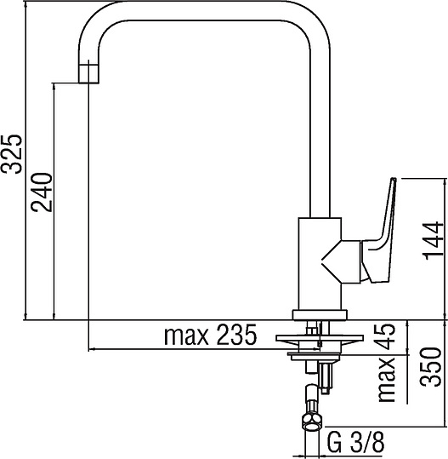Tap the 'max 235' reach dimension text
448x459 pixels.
[x=209, y=336]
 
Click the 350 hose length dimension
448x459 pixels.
[x=434, y=367]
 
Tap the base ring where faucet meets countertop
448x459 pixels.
[x=320, y=313]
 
